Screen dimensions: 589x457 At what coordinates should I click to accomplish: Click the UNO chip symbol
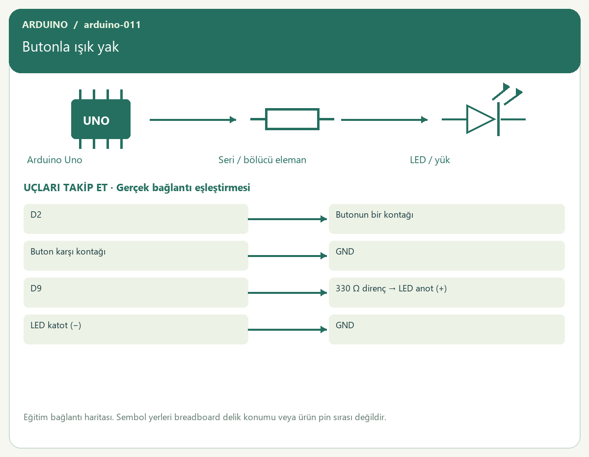click(x=101, y=119)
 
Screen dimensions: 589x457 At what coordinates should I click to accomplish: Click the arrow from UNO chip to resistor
click(x=193, y=119)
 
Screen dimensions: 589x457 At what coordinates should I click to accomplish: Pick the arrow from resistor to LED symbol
click(x=384, y=119)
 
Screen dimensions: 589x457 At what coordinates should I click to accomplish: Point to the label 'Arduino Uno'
click(x=54, y=160)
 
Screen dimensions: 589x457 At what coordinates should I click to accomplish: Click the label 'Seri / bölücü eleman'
click(x=262, y=160)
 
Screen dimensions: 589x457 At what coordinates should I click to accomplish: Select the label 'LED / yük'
click(x=429, y=160)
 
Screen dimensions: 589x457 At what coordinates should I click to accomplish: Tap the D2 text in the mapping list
click(x=36, y=215)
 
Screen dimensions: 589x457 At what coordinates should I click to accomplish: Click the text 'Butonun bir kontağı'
click(x=375, y=215)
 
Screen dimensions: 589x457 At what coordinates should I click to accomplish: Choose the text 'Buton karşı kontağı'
click(x=68, y=252)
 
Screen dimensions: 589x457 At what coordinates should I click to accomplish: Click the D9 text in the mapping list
click(x=36, y=288)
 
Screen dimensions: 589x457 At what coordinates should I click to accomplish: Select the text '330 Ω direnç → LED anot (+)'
click(x=391, y=288)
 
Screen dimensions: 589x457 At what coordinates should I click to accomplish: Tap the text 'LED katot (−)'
click(x=55, y=325)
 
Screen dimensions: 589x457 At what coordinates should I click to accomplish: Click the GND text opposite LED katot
click(x=345, y=325)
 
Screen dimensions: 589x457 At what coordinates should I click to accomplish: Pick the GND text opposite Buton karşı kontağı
click(x=345, y=252)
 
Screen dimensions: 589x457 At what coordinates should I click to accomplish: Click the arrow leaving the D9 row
click(x=287, y=292)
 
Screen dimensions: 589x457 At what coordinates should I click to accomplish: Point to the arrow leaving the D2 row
click(x=287, y=219)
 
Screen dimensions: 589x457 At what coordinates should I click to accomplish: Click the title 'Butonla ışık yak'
click(x=71, y=47)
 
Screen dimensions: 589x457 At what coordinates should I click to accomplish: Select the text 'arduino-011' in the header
click(x=112, y=25)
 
